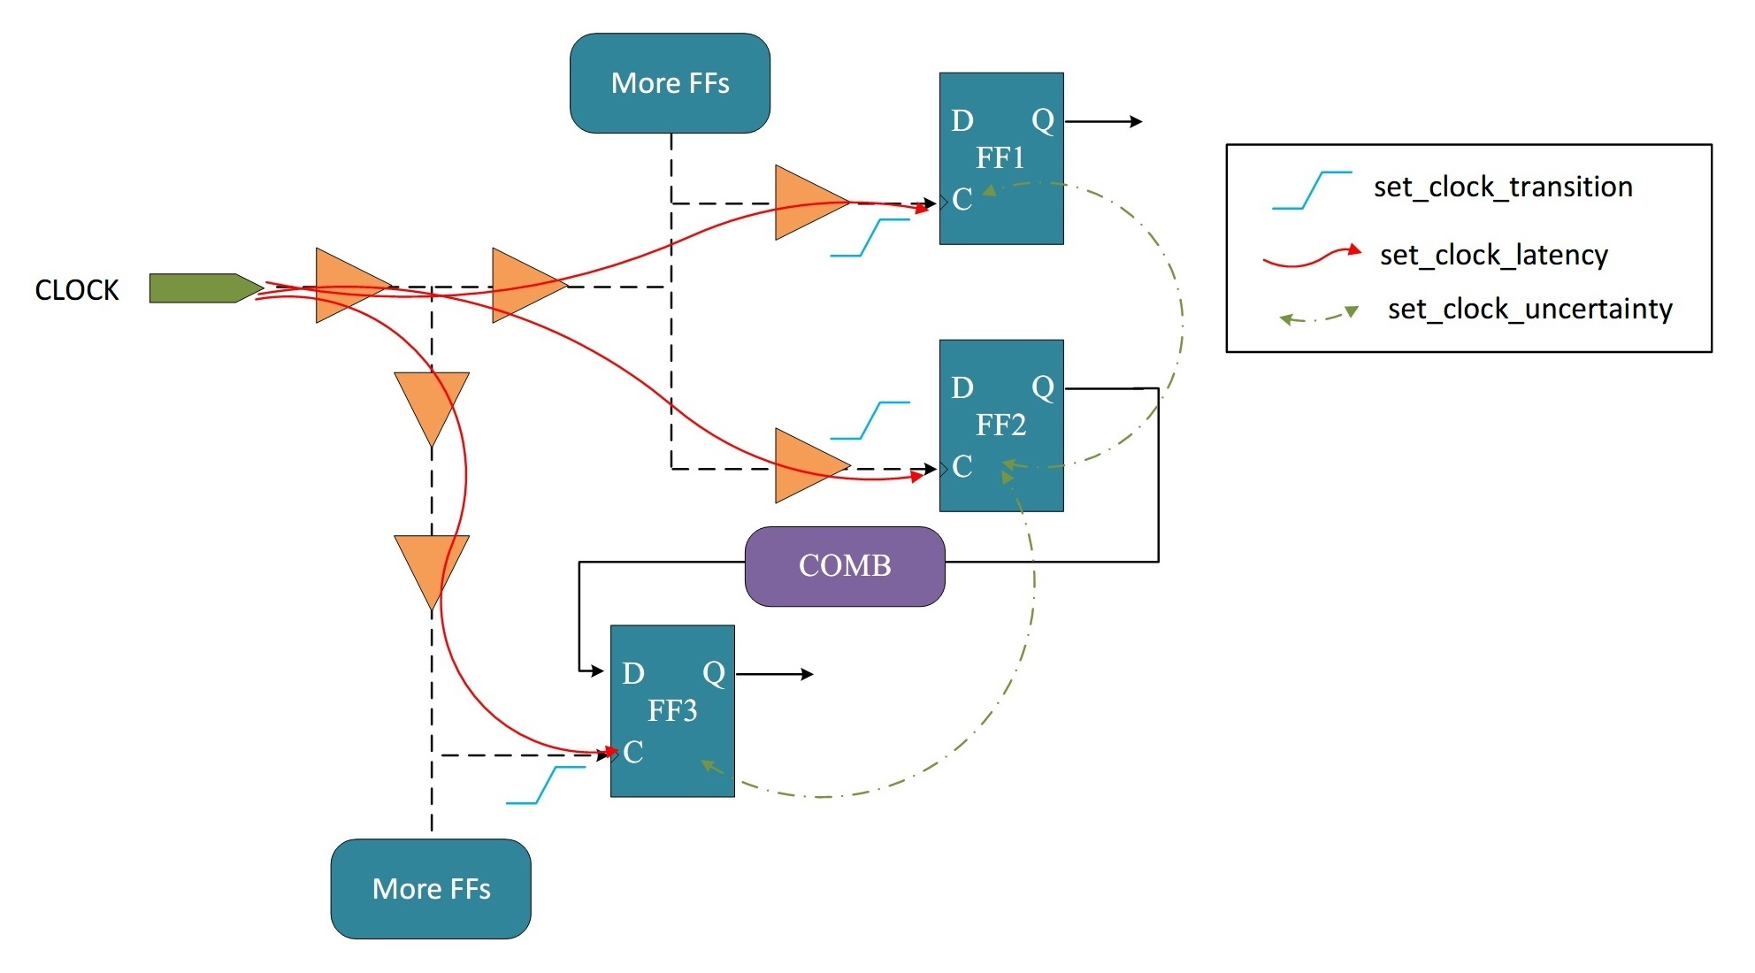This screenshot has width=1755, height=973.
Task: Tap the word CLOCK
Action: click(x=76, y=290)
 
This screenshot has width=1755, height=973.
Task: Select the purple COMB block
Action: click(x=845, y=566)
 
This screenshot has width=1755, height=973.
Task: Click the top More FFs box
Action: click(x=670, y=83)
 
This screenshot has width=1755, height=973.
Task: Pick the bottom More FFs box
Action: click(x=431, y=888)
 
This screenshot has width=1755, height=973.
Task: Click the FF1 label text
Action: click(x=1000, y=158)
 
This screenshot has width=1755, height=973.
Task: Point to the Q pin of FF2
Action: click(x=1043, y=387)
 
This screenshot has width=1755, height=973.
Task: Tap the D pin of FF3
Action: click(x=633, y=674)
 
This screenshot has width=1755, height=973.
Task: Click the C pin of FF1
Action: click(x=962, y=200)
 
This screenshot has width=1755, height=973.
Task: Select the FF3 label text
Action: click(x=672, y=710)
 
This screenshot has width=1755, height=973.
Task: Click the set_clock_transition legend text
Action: click(x=1502, y=188)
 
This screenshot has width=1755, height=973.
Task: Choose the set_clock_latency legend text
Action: click(x=1493, y=256)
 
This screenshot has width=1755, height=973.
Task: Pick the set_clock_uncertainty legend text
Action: click(x=1529, y=310)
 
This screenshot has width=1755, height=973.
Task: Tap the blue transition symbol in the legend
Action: click(x=1312, y=190)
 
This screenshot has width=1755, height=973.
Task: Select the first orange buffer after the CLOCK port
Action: click(x=346, y=286)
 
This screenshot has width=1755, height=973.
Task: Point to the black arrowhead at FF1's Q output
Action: click(x=1136, y=121)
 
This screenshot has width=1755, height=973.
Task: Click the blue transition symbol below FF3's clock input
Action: click(x=545, y=785)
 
